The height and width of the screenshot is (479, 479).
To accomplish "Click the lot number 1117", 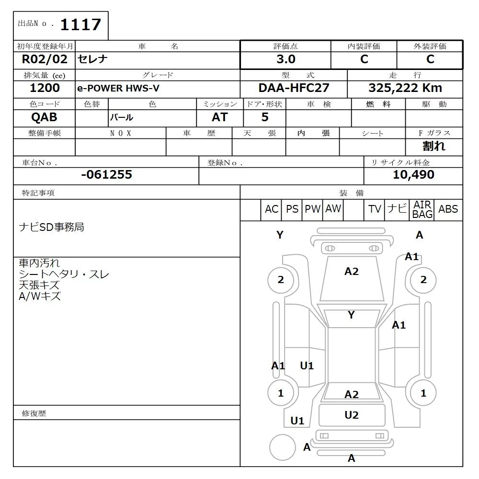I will [80, 24].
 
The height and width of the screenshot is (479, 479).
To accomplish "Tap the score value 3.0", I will [285, 59].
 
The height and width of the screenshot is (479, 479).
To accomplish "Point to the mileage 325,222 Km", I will [405, 88].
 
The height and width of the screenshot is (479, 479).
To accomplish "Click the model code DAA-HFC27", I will [294, 88].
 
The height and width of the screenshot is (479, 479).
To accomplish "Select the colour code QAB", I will [44, 117].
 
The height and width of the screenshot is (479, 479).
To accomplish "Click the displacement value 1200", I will [45, 88].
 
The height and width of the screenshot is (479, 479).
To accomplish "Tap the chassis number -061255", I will [106, 175].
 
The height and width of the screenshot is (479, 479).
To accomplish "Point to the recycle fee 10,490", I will [413, 175].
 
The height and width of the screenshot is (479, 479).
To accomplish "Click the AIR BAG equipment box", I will [422, 210].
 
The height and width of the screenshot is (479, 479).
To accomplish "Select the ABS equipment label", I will [448, 209].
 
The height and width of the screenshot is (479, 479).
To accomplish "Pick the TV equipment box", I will [375, 209].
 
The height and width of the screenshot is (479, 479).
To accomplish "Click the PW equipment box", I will [312, 209].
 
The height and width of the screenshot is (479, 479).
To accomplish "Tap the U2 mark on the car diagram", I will [352, 415].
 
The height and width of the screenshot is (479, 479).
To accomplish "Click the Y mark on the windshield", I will [351, 315].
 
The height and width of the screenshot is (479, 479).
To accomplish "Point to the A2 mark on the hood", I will [351, 272].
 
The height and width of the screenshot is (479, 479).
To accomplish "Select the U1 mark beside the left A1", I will [307, 366].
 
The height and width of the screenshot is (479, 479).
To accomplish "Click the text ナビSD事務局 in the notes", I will [51, 227].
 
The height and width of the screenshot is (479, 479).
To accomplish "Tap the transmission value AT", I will [219, 117].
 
